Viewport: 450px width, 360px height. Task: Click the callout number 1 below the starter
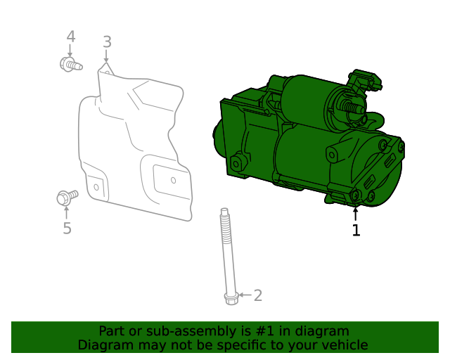[356, 230]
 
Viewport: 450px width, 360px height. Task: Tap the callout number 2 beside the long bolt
[257, 295]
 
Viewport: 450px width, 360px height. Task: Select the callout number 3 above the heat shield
[107, 41]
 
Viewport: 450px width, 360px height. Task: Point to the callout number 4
[70, 37]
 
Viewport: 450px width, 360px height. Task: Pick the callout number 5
[67, 229]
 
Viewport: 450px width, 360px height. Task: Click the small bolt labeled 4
[70, 65]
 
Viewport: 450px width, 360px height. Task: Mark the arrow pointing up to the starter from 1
[356, 213]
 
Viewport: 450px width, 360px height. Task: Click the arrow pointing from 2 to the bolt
[243, 295]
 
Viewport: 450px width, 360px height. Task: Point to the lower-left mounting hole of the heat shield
[96, 186]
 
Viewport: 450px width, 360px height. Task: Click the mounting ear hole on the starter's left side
[236, 163]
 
